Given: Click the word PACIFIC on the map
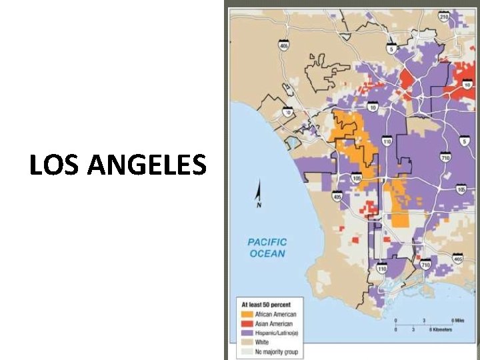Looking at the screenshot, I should pyautogui.click(x=267, y=243).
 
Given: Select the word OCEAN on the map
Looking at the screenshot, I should pyautogui.click(x=267, y=253).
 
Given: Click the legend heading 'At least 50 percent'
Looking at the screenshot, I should pyautogui.click(x=265, y=304).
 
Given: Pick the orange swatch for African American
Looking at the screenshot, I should pyautogui.click(x=247, y=314).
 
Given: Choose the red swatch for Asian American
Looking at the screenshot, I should pyautogui.click(x=247, y=323).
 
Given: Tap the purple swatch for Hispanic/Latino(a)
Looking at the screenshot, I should pyautogui.click(x=247, y=333).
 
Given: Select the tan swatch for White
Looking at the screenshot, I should pyautogui.click(x=247, y=342).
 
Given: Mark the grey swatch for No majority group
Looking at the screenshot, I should pyautogui.click(x=247, y=351).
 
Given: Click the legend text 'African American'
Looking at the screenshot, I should pyautogui.click(x=276, y=314).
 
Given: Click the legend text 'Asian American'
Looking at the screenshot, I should pyautogui.click(x=274, y=323).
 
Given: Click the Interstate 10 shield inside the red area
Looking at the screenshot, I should pyautogui.click(x=467, y=85).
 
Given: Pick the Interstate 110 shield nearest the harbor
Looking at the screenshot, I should pyautogui.click(x=381, y=268).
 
